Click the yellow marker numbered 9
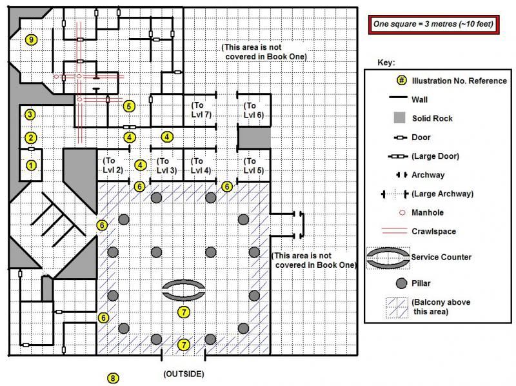coord(31,40)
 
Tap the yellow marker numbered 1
coord(31,165)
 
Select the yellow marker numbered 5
coord(129,106)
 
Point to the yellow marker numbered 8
coord(113,378)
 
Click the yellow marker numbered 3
coord(30,115)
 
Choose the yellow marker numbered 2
coord(31,137)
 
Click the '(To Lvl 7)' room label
coord(201,110)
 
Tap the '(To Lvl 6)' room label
coord(253,110)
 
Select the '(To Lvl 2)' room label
coord(113,165)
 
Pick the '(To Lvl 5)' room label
coord(253,166)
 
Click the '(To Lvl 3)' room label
coord(166,166)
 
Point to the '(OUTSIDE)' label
coord(184,374)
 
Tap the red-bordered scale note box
coord(433,24)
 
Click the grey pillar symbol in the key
coord(401,283)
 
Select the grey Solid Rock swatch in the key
coord(399,117)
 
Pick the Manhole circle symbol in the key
coord(402,213)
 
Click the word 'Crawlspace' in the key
coord(433,232)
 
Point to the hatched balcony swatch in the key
coord(397,308)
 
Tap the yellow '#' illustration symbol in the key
coord(401,80)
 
